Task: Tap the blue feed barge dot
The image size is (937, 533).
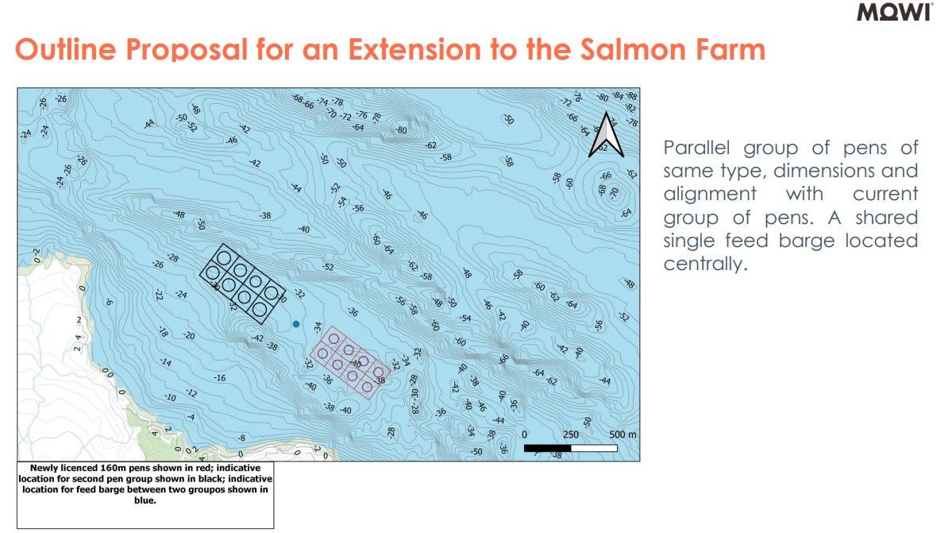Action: [x=296, y=324]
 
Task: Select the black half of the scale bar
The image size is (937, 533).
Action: [x=547, y=448]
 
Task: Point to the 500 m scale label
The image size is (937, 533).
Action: [x=623, y=435]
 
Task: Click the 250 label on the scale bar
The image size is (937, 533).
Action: [x=571, y=435]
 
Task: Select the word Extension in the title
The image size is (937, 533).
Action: [x=415, y=49]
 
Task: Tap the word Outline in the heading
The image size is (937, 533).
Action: [x=65, y=49]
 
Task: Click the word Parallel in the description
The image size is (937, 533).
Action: [x=696, y=148]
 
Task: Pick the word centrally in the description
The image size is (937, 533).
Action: [x=705, y=264]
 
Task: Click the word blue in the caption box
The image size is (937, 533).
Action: [x=145, y=500]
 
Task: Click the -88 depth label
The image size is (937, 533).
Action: [x=631, y=95]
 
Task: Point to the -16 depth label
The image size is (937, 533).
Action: [x=219, y=377]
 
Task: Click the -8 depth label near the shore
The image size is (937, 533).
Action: [x=241, y=438]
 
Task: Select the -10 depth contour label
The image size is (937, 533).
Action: [x=170, y=396]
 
